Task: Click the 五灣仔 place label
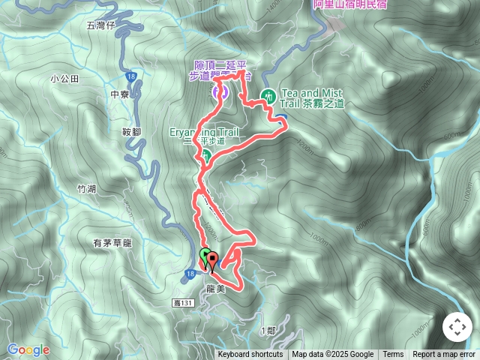pyautogui.click(x=99, y=25)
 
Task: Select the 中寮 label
pyautogui.click(x=120, y=94)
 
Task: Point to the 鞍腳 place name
pyautogui.click(x=131, y=132)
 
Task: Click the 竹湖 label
pyautogui.click(x=86, y=188)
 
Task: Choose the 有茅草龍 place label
pyautogui.click(x=112, y=243)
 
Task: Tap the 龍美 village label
pyautogui.click(x=211, y=287)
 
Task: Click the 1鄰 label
pyautogui.click(x=266, y=331)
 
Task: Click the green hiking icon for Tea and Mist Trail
pyautogui.click(x=267, y=95)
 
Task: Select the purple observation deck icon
pyautogui.click(x=220, y=91)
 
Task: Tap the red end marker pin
pyautogui.click(x=211, y=262)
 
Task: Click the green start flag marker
pyautogui.click(x=205, y=256)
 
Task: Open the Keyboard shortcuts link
pyautogui.click(x=250, y=355)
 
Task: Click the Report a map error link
pyautogui.click(x=444, y=355)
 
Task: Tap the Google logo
pyautogui.click(x=28, y=349)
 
